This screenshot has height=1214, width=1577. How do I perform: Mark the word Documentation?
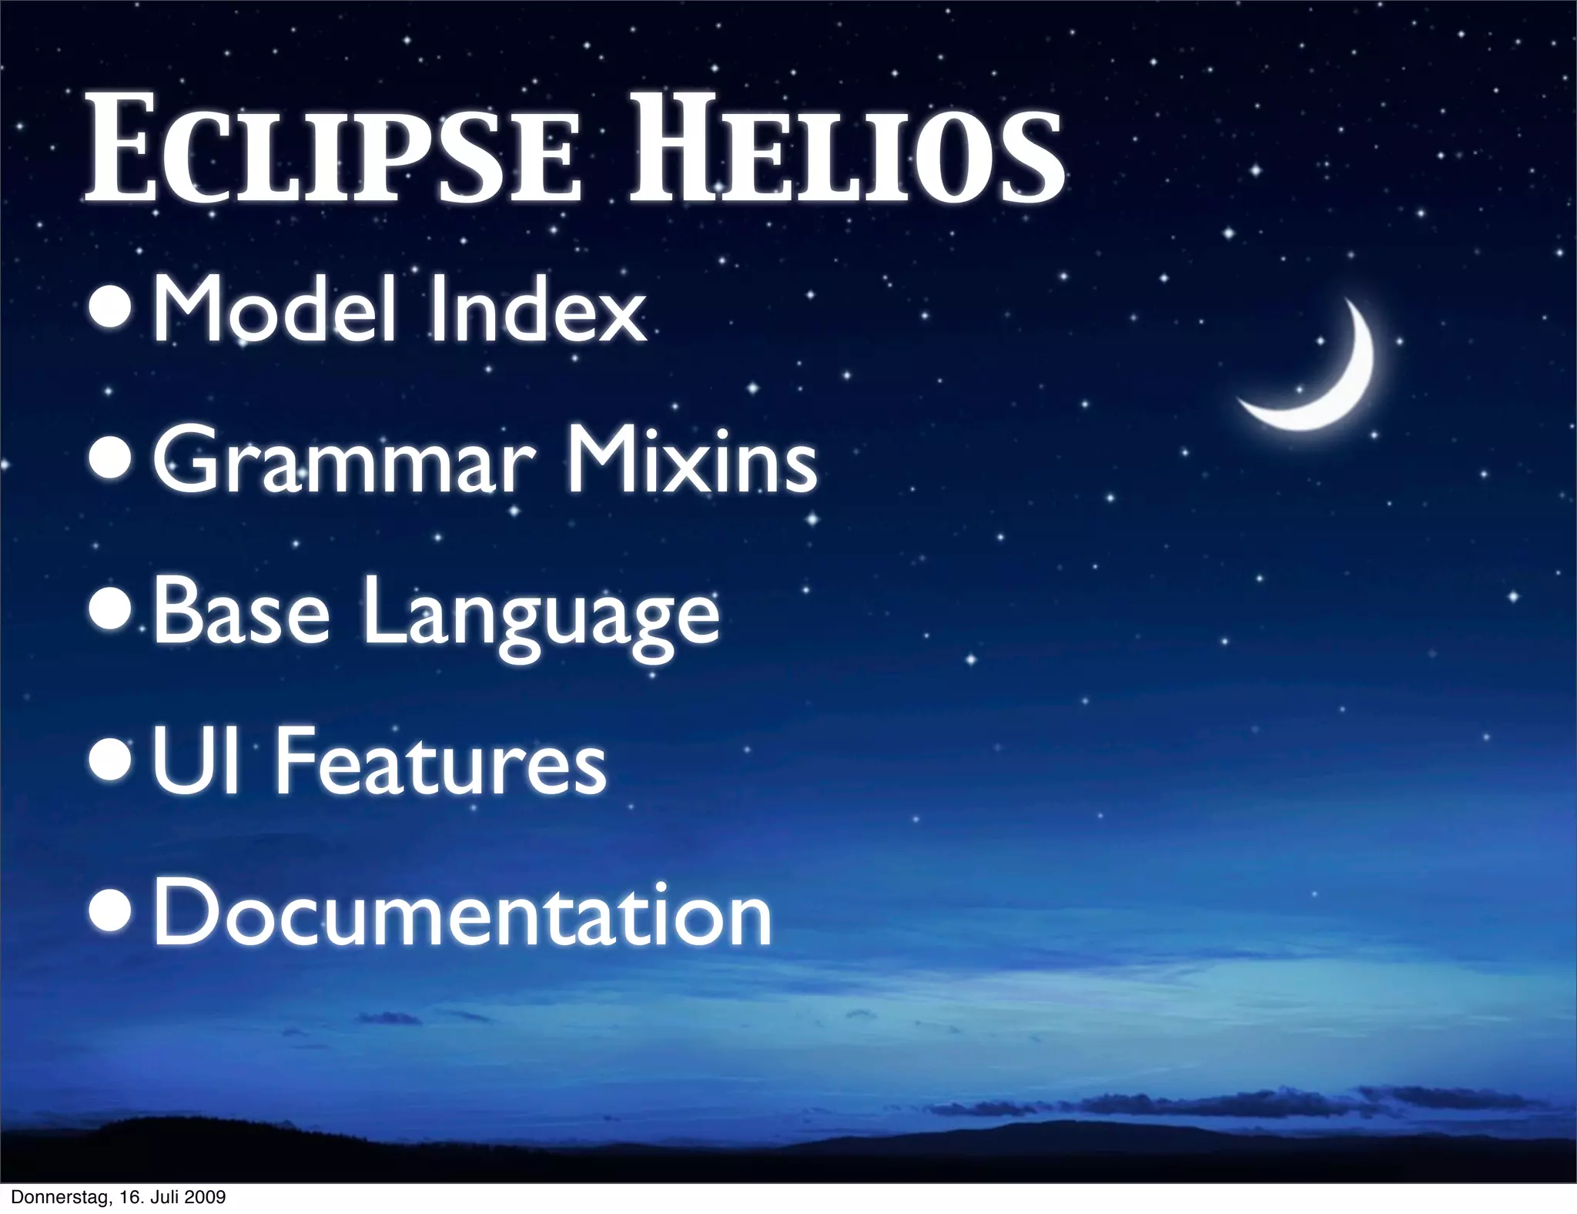pos(462,914)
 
